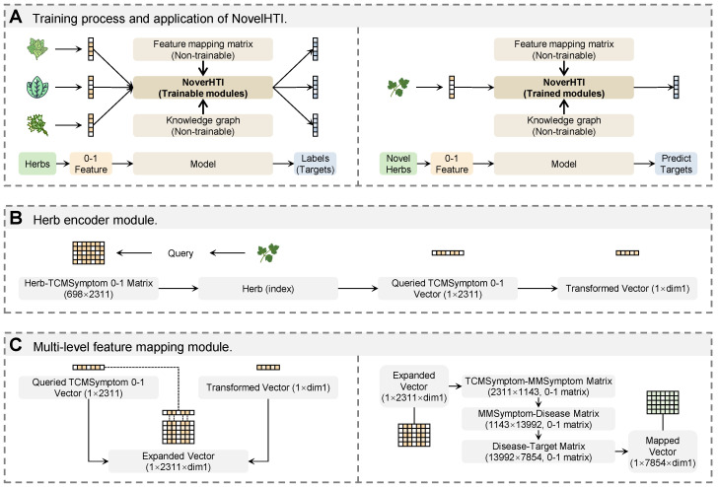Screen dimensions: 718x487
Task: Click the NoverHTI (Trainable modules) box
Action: coord(203,88)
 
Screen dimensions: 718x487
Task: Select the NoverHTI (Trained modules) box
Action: coord(564,88)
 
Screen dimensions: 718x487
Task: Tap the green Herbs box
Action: coord(37,164)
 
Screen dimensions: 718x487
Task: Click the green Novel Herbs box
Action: coord(398,164)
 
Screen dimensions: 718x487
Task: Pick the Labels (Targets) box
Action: coord(315,164)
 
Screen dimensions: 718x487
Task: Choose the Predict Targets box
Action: coord(676,164)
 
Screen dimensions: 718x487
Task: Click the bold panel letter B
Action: coord(16,218)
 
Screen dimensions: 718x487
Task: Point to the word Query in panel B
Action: coord(180,253)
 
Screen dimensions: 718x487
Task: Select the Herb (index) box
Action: coord(268,288)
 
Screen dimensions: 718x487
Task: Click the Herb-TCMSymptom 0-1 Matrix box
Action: coord(89,288)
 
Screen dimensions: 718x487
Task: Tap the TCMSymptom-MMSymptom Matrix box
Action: coord(538,386)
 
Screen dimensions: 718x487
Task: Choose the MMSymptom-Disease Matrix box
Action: coord(538,419)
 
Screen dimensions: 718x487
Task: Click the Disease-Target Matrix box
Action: coord(538,452)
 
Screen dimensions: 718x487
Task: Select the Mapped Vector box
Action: coord(662,452)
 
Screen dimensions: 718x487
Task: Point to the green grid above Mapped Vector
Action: coord(662,403)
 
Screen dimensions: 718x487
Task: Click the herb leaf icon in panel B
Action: coord(268,253)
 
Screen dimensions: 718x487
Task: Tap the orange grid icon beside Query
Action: coord(89,252)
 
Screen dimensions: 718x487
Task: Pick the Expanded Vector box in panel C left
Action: coord(179,461)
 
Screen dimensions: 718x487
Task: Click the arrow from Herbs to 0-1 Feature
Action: coord(63,164)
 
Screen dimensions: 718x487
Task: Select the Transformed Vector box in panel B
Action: coord(627,288)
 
